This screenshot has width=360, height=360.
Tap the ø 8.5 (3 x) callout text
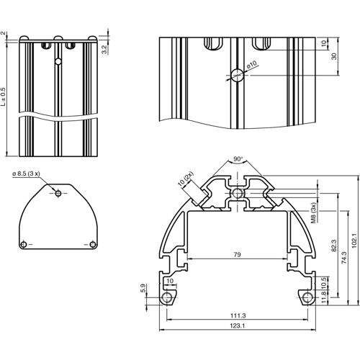[29, 174]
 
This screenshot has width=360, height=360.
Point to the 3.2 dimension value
[104, 49]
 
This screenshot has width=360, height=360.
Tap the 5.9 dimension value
[143, 289]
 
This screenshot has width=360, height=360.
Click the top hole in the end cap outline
[58, 193]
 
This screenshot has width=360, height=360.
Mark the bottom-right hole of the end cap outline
[92, 245]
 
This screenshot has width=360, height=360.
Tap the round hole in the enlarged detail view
[236, 74]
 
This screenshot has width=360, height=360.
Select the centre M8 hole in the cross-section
[237, 194]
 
